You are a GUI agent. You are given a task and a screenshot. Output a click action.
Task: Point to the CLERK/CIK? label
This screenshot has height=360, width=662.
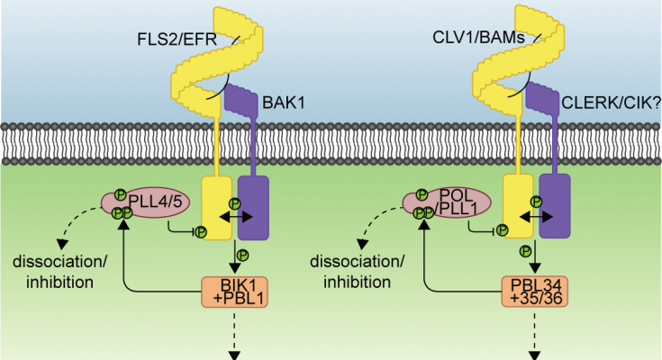pyautogui.click(x=602, y=104)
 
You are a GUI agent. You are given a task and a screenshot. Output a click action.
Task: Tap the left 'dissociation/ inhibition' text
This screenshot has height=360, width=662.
pyautogui.click(x=54, y=273)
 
